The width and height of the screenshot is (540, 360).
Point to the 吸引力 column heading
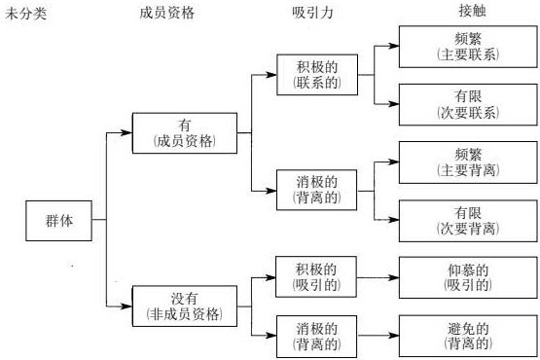[x=314, y=13]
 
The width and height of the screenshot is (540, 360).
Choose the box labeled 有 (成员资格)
[x=185, y=132]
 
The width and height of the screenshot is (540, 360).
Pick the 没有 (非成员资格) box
[x=185, y=306]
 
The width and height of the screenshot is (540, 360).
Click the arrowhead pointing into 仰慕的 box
[x=394, y=276]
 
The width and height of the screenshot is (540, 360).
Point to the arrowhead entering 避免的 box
[x=394, y=334]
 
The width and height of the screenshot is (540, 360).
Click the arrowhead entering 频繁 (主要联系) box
[x=394, y=47]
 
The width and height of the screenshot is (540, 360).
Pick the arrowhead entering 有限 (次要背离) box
[x=394, y=220]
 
